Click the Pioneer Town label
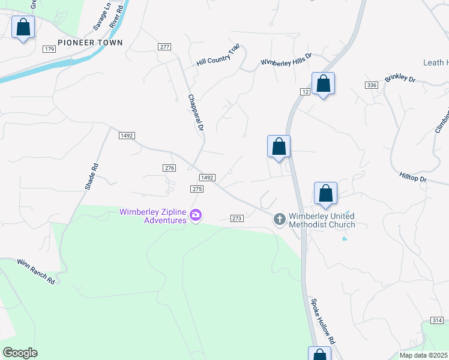coord(90,43)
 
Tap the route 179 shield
coord(49,49)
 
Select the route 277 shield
coord(164,47)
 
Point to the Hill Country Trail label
coord(218,57)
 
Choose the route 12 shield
coord(305,91)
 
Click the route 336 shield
coord(372,86)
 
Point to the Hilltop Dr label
coord(412,179)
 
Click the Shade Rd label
coord(91,177)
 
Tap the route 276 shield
coord(169,168)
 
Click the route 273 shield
coord(237,218)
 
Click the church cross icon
coord(279,220)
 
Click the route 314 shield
coord(437,321)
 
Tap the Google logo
coord(20,353)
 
